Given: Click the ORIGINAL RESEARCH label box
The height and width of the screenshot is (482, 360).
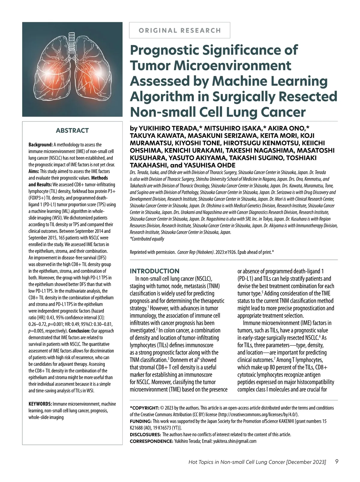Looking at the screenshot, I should click(179, 30).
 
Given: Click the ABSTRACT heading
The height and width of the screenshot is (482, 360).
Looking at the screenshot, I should click(72, 131).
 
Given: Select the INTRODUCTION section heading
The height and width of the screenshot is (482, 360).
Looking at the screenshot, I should click(154, 271).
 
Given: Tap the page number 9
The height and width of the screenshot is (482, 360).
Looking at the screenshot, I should click(337, 462).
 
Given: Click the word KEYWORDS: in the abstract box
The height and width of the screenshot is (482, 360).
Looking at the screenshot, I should click(40, 404).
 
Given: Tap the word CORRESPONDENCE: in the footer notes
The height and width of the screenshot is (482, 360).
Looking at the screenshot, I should click(151, 441).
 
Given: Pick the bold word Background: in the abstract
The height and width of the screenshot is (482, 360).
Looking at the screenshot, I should click(40, 145).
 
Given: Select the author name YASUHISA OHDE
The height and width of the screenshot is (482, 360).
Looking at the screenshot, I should click(209, 165).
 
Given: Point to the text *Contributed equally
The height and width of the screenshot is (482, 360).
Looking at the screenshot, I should click(147, 239).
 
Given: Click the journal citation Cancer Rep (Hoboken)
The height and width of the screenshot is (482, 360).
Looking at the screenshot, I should click(196, 252).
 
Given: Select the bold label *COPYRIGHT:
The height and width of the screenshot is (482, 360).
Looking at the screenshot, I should click(144, 408).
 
